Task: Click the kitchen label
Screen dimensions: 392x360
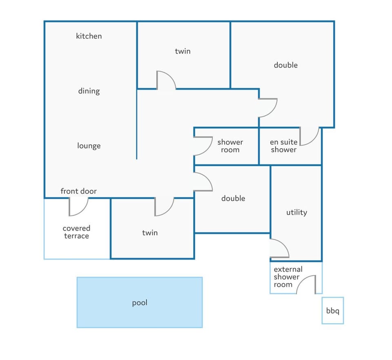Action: (89, 36)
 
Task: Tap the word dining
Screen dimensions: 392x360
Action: (89, 91)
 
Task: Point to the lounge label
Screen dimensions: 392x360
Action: (89, 146)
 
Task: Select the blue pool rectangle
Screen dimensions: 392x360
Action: (140, 302)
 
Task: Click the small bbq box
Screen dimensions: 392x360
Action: (332, 311)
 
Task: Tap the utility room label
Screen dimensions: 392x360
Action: (296, 212)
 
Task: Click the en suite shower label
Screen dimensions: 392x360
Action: (283, 146)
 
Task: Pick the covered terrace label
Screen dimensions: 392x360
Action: (76, 232)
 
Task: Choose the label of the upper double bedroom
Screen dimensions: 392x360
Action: (286, 65)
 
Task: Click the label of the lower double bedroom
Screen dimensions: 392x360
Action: (233, 198)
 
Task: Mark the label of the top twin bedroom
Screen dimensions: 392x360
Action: (183, 51)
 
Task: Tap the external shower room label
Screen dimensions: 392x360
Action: (288, 277)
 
